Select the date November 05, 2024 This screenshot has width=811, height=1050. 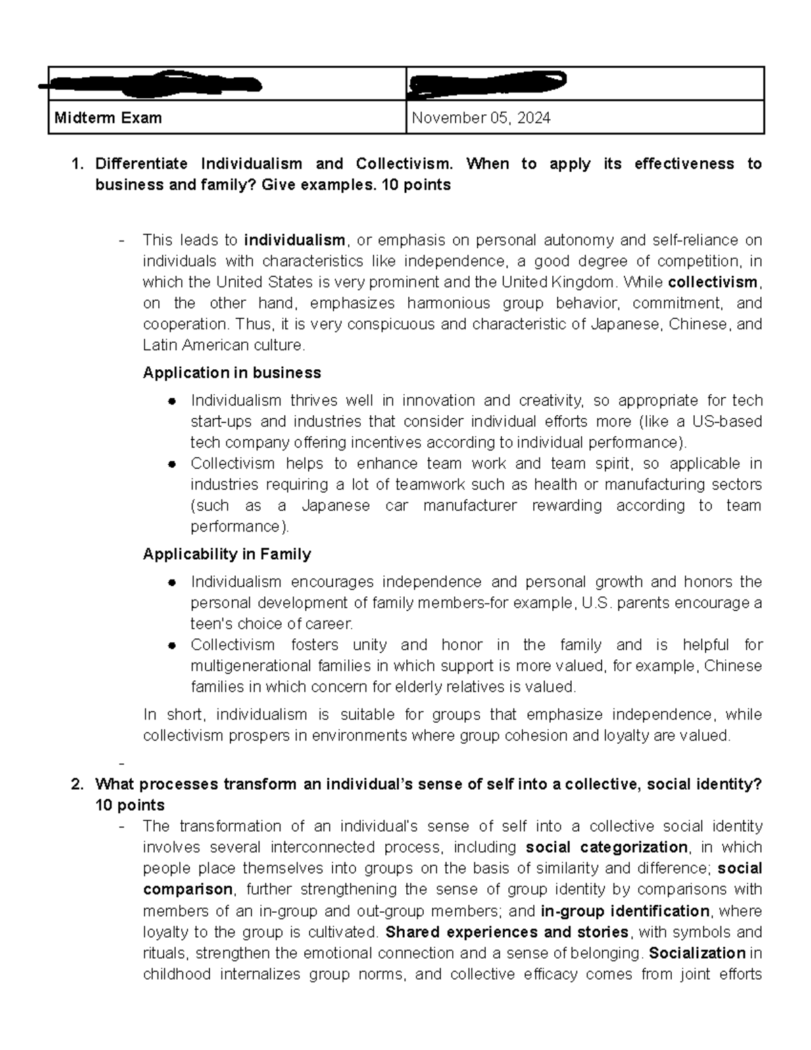481,118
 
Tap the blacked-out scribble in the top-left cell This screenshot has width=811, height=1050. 152,84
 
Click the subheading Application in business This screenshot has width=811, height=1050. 232,373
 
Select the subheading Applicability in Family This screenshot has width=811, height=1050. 226,554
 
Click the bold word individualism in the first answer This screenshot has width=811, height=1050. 295,241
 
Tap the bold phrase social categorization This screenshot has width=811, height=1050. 606,848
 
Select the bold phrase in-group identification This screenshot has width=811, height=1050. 625,911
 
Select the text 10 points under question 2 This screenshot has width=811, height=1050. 130,806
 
